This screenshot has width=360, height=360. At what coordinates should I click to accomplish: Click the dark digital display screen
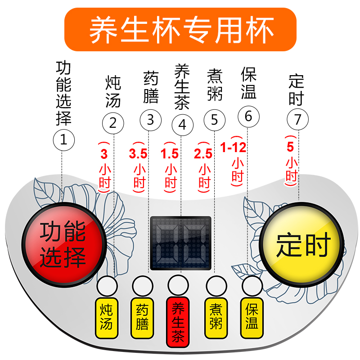(x=180, y=243)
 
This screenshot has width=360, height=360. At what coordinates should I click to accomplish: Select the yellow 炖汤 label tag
(x=107, y=318)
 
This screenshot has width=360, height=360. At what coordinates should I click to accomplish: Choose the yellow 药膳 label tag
(x=143, y=318)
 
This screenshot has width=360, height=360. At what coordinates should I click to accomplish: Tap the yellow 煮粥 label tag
(x=216, y=318)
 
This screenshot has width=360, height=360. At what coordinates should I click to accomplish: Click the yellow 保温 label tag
(x=252, y=318)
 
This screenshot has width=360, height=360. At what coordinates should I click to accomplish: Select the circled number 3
(x=150, y=120)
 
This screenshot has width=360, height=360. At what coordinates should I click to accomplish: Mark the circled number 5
(x=214, y=120)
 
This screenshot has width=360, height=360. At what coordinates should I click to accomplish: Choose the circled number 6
(x=248, y=116)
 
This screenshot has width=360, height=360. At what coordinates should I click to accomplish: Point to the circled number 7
(x=297, y=120)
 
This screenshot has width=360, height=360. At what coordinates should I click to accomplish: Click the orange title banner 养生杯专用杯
(x=180, y=30)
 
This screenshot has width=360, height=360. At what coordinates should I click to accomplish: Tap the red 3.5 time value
(x=138, y=154)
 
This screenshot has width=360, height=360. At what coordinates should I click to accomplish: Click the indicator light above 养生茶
(x=179, y=285)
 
